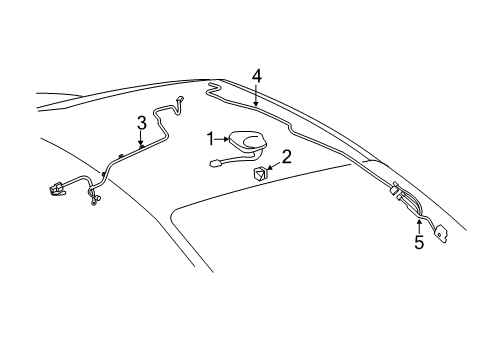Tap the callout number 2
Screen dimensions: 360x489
click(x=286, y=156)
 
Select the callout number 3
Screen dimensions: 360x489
click(x=141, y=122)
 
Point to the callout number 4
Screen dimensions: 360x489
click(x=256, y=75)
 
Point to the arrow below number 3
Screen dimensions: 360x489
click(x=141, y=140)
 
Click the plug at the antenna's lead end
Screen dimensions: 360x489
click(x=216, y=164)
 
